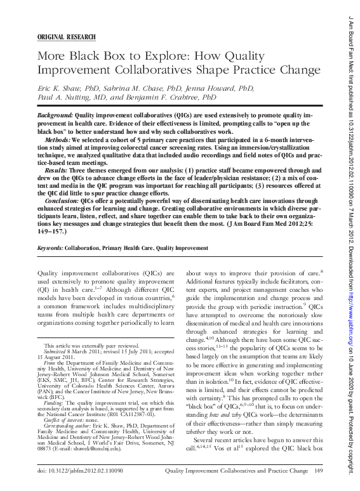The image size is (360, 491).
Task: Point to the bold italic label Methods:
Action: pyautogui.click(x=58, y=138)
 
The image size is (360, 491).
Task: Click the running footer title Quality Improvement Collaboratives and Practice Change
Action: pyautogui.click(x=237, y=471)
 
